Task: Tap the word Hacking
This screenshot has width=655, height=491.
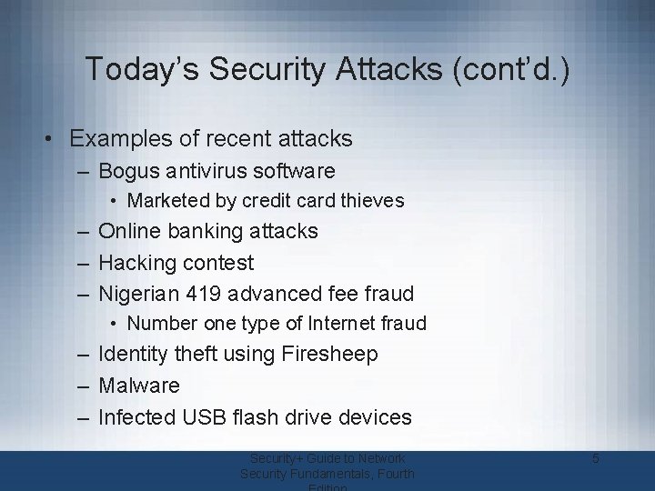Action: click(138, 263)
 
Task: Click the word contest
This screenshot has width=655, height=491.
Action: click(219, 263)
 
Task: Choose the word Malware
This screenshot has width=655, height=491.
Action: click(138, 386)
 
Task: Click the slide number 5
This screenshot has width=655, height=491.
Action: click(595, 459)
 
